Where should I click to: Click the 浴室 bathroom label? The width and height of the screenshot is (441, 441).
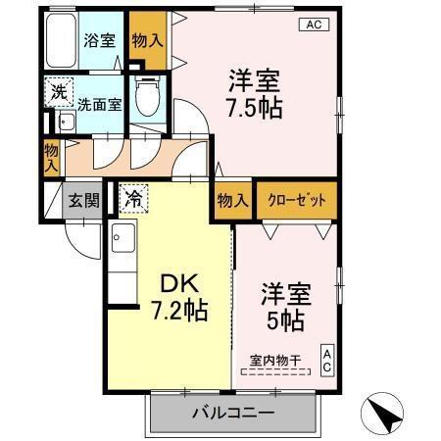point(98,42)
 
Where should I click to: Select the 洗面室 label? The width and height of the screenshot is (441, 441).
point(99,104)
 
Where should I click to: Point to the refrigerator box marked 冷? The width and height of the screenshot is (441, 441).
point(133,199)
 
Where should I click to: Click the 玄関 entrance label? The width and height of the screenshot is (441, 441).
point(82,201)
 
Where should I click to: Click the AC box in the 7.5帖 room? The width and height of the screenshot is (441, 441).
point(314,25)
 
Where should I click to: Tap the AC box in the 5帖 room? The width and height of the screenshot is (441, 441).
point(327,361)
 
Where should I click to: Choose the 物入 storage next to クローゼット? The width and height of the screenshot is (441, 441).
point(232,200)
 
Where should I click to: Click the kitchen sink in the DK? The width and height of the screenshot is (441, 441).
point(122,241)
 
